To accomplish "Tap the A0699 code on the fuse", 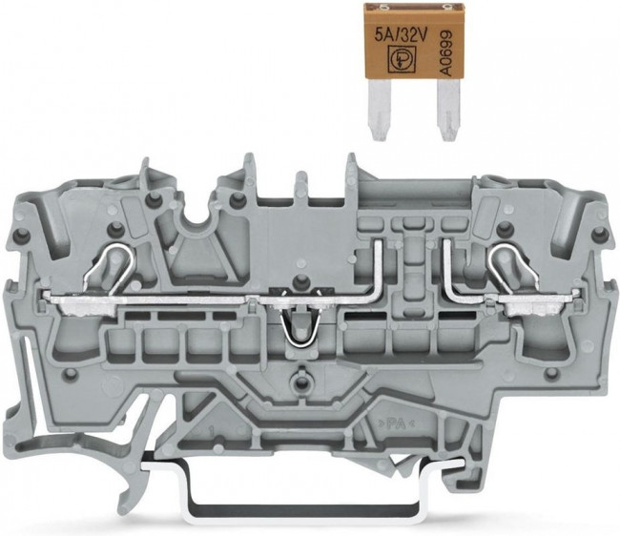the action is pos(446,53).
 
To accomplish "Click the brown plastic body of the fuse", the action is pos(413,43).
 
